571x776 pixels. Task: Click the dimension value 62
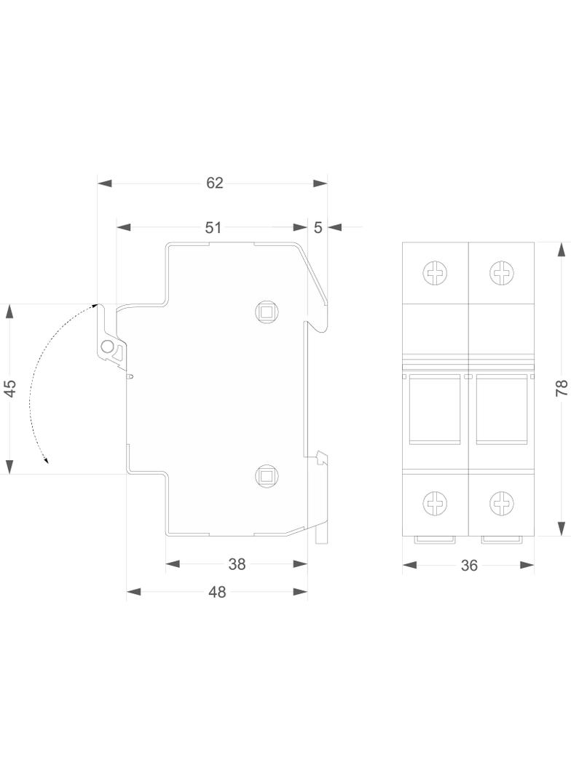(x=214, y=183)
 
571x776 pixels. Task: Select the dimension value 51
(x=213, y=227)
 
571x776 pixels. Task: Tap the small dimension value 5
(x=318, y=227)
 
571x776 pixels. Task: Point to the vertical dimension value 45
(x=11, y=388)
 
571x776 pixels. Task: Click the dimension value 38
(x=237, y=563)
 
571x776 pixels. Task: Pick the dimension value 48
(x=217, y=591)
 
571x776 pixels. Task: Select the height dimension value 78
(x=562, y=388)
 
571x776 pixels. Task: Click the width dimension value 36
(x=468, y=565)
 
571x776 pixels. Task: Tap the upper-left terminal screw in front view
(x=435, y=273)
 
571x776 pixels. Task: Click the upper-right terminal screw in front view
(x=501, y=273)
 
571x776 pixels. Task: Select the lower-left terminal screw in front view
(x=435, y=503)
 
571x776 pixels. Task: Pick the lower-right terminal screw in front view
(x=501, y=503)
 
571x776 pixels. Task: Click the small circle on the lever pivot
(x=106, y=347)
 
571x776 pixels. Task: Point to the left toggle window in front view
(x=435, y=409)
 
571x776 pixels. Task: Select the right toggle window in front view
(x=501, y=409)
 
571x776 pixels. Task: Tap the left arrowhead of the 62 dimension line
(x=104, y=183)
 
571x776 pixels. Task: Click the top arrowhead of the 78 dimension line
(x=561, y=250)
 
